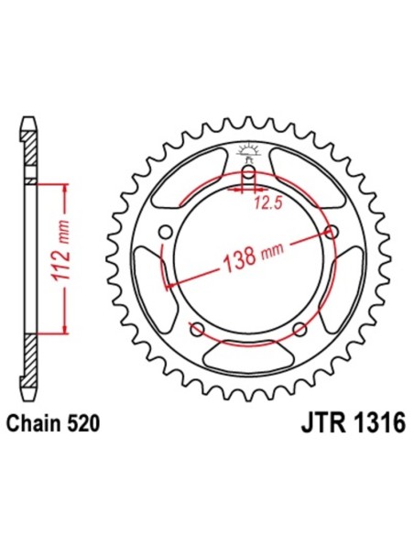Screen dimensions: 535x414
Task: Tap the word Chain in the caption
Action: point(34,425)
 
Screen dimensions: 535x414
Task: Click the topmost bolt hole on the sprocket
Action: point(248,174)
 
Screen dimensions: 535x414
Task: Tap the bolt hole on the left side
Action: point(165,233)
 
